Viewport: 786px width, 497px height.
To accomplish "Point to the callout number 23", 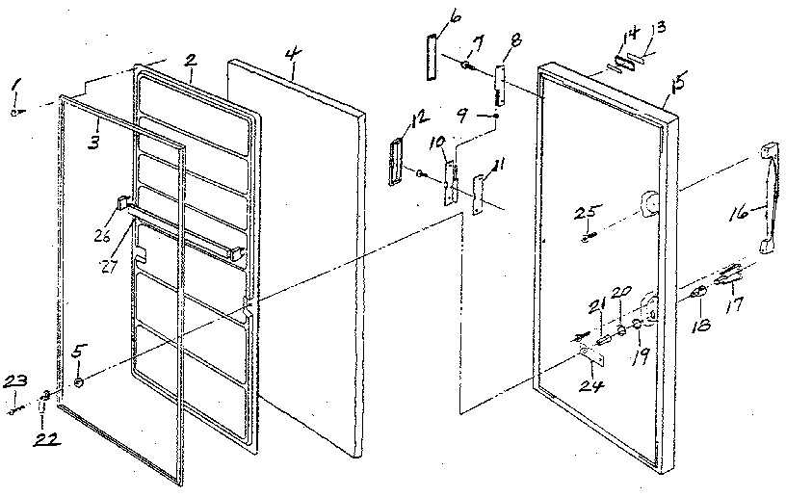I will point(14,383).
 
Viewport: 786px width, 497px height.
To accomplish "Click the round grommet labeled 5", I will point(79,382).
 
